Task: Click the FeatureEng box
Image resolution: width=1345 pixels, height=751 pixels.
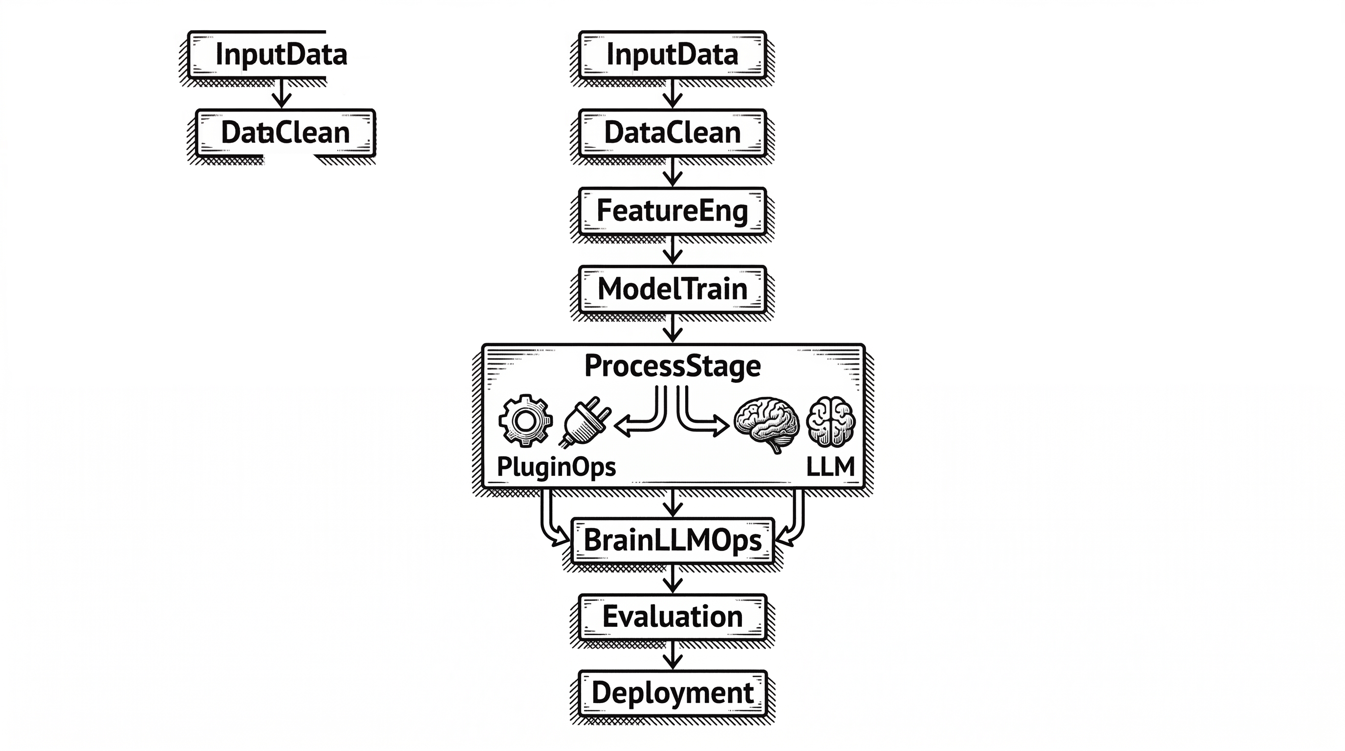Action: click(x=672, y=211)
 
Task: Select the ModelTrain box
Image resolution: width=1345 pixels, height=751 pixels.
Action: click(x=672, y=289)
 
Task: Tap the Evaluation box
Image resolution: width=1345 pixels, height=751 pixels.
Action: click(x=672, y=617)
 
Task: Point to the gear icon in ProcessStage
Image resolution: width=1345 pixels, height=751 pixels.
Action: click(x=525, y=420)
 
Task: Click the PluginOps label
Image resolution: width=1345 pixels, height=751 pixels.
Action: click(x=556, y=466)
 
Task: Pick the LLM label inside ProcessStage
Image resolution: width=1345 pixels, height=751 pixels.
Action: click(x=830, y=466)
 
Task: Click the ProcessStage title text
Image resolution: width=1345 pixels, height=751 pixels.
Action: click(x=672, y=366)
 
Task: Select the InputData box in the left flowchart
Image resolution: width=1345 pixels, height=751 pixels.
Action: click(x=281, y=54)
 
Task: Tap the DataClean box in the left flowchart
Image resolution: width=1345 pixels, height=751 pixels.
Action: click(x=285, y=133)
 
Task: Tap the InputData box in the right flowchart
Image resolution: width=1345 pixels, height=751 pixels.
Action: click(x=672, y=54)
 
